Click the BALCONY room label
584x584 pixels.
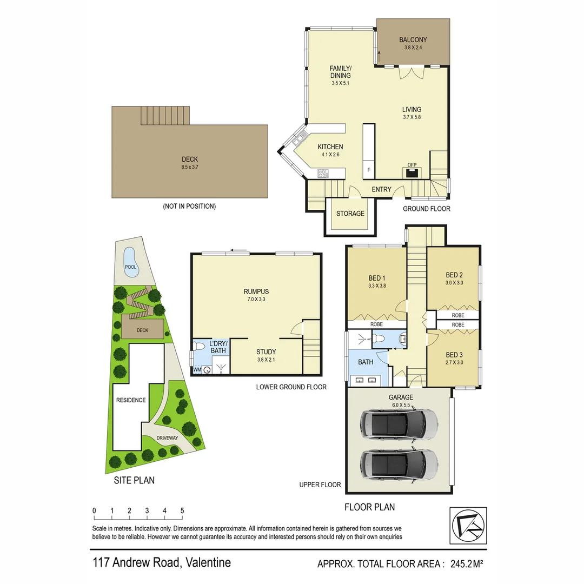(x=413, y=39)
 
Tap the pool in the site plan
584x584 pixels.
(x=130, y=263)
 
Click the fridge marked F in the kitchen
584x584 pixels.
(x=369, y=170)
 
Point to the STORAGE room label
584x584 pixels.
(x=350, y=214)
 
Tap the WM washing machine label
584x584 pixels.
(x=197, y=370)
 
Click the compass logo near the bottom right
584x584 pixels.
(x=468, y=526)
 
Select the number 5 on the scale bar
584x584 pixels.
(x=182, y=511)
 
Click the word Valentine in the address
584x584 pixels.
(x=208, y=562)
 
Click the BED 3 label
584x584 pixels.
(x=454, y=355)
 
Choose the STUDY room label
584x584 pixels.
(x=266, y=352)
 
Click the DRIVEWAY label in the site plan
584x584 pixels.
(x=167, y=438)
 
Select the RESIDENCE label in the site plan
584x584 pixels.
(x=130, y=400)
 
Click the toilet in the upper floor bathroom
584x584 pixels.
(x=379, y=339)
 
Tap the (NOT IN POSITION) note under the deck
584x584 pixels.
(x=189, y=207)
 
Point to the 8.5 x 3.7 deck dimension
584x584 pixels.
(x=190, y=168)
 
